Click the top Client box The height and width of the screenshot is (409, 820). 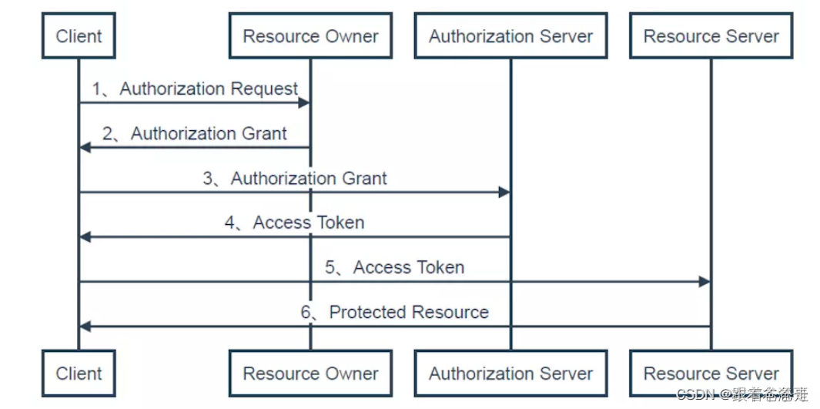tap(79, 36)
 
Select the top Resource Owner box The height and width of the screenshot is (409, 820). tap(310, 36)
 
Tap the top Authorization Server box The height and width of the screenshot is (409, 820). tap(510, 36)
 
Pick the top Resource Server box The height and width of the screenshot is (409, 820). tap(711, 36)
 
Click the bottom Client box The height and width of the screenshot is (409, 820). tap(79, 374)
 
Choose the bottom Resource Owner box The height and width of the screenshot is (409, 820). tap(310, 374)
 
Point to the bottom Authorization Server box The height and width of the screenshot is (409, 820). tap(510, 374)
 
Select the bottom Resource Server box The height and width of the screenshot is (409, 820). tap(711, 374)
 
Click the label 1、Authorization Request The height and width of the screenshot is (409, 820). tap(196, 89)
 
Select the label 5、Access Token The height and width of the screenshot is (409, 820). tap(394, 267)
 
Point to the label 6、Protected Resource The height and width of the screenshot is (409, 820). tap(394, 312)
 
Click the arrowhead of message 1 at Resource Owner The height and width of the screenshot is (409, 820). tap(304, 102)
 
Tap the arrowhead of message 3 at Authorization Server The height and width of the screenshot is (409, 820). tap(504, 192)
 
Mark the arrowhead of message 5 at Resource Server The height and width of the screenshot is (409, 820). tap(705, 282)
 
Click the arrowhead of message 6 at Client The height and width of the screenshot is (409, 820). tap(85, 327)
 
